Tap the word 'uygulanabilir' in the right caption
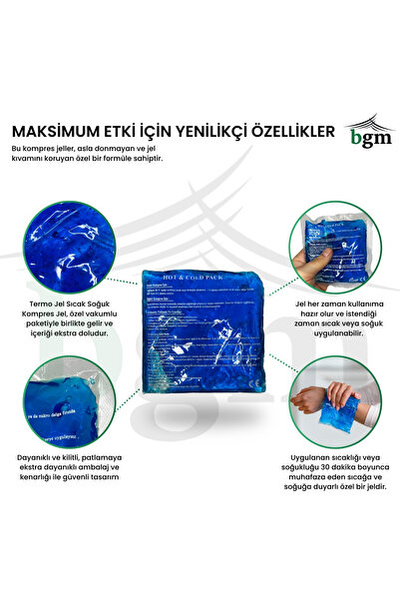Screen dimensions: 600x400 335,334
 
